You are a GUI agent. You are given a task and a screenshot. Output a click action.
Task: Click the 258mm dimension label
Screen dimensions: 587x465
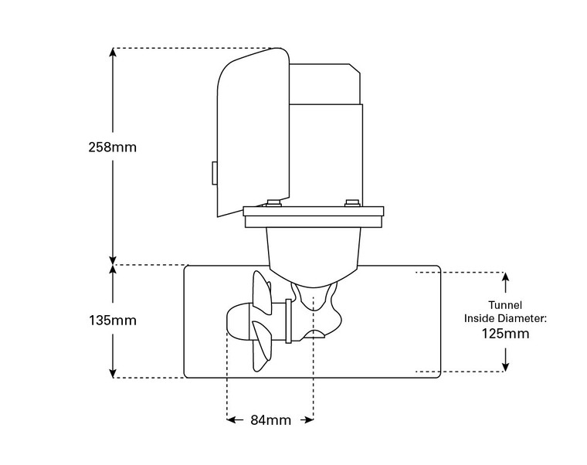[113, 145]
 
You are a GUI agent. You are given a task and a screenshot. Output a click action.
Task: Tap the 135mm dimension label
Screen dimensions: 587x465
[113, 319]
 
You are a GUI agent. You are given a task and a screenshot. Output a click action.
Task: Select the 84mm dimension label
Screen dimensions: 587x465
[270, 420]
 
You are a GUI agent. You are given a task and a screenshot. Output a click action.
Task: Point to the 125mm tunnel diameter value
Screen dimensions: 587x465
[507, 334]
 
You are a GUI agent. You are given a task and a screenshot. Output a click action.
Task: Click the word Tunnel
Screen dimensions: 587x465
[507, 304]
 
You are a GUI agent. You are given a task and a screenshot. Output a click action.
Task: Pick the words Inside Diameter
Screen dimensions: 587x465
[507, 318]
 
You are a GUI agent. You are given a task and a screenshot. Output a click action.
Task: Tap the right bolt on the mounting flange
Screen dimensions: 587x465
[352, 204]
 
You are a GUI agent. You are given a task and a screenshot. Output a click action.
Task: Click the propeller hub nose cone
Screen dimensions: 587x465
[235, 321]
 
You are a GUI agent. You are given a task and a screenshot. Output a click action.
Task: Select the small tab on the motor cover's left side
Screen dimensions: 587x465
[212, 174]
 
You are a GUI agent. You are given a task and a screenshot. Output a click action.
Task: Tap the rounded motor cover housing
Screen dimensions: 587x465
[251, 131]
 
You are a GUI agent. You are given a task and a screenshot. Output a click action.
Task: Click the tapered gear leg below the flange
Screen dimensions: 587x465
[313, 255]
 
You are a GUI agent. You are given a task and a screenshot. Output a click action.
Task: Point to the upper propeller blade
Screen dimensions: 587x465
[260, 292]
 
